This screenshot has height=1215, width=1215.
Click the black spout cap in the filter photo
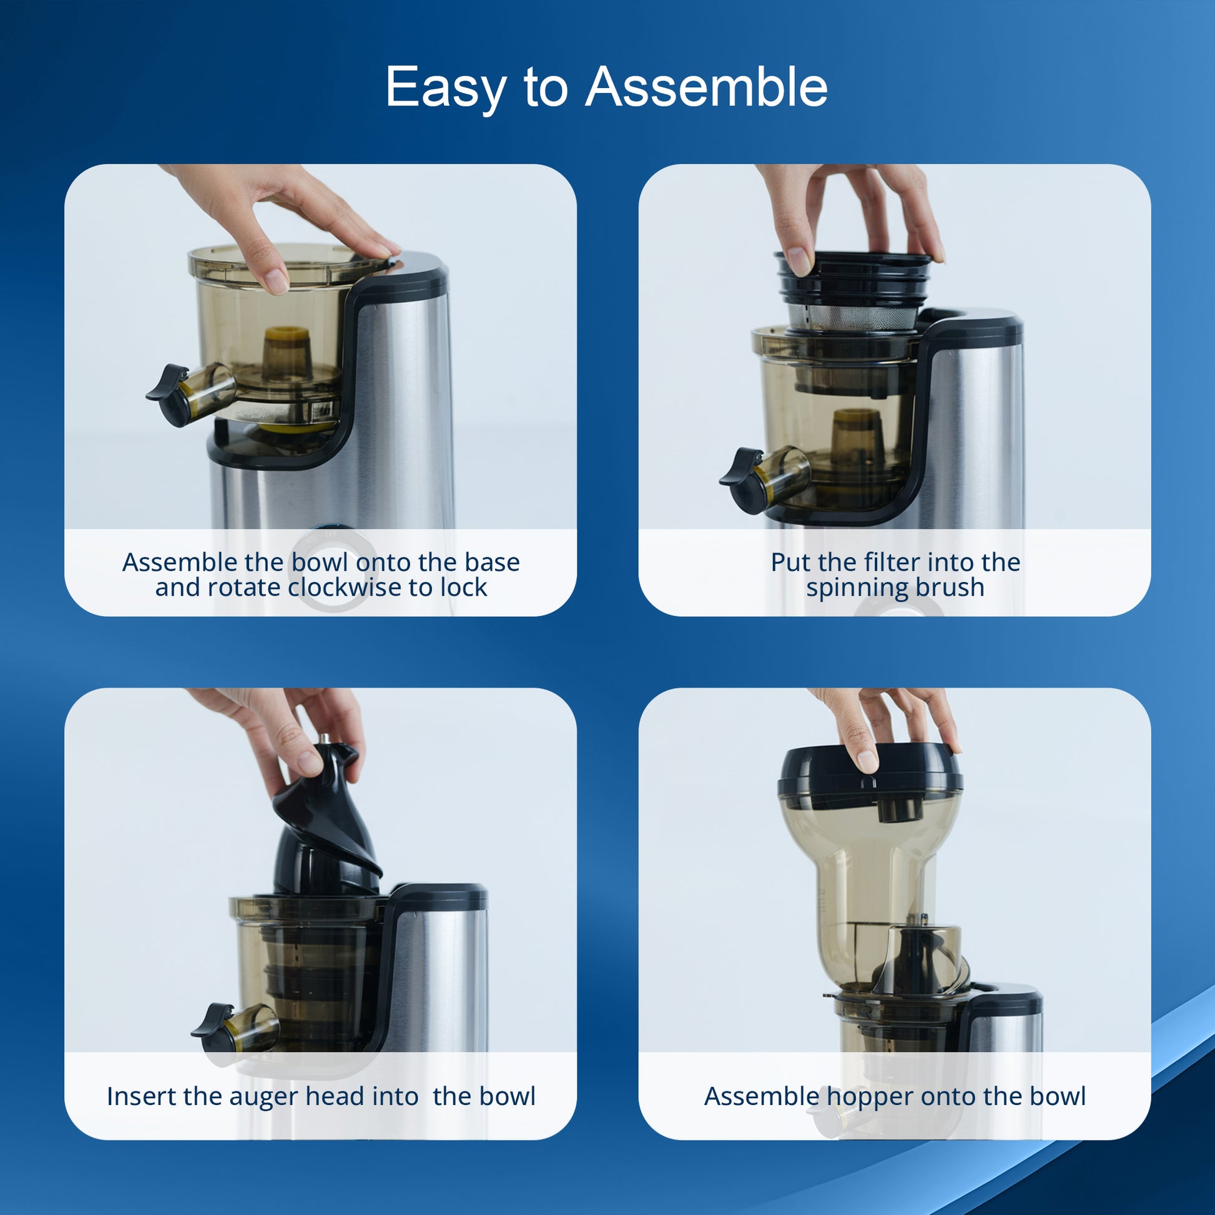pos(743,480)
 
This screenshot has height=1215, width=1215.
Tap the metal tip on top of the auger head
pos(325,739)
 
